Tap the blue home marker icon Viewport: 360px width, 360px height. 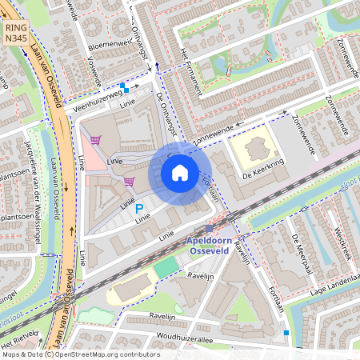tap(180, 173)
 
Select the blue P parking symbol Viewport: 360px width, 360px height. tap(138, 208)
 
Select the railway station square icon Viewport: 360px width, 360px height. tap(209, 229)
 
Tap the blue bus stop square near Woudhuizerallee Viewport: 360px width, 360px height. tap(286, 332)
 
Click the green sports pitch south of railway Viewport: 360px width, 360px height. tap(166, 267)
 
